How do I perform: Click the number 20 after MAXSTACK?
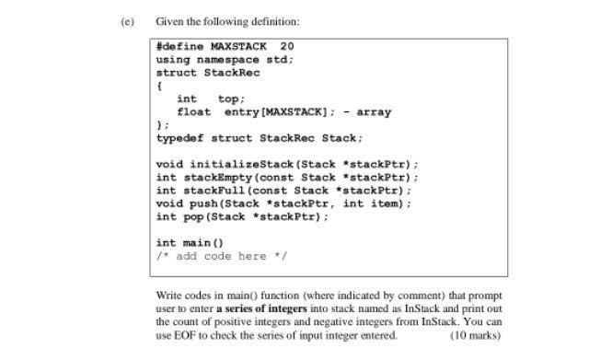287,46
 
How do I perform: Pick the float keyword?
193,111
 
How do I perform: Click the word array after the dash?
374,111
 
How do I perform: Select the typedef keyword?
180,138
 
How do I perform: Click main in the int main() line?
197,243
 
